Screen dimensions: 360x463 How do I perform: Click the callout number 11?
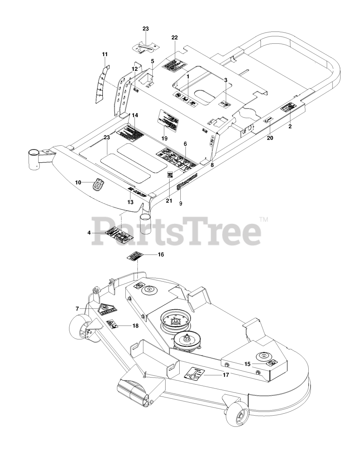tap(105, 54)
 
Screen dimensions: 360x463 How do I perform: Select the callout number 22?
tap(175, 38)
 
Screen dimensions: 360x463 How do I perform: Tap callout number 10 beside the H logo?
tap(78, 183)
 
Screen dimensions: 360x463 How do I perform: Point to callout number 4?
tap(89, 233)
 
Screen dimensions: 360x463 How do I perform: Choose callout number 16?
tap(161, 255)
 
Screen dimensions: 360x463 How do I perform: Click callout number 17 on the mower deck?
tap(226, 375)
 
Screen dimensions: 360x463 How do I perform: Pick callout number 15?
tap(247, 364)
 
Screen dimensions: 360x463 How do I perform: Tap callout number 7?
tap(77, 309)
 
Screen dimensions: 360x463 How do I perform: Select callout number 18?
tap(135, 326)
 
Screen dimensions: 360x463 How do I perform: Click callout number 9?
tap(181, 203)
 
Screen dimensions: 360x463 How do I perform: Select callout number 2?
tap(290, 127)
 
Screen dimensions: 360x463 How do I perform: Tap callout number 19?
tap(164, 138)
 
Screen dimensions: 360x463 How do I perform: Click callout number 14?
tap(135, 115)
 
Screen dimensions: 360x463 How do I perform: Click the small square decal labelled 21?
tap(170, 175)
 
